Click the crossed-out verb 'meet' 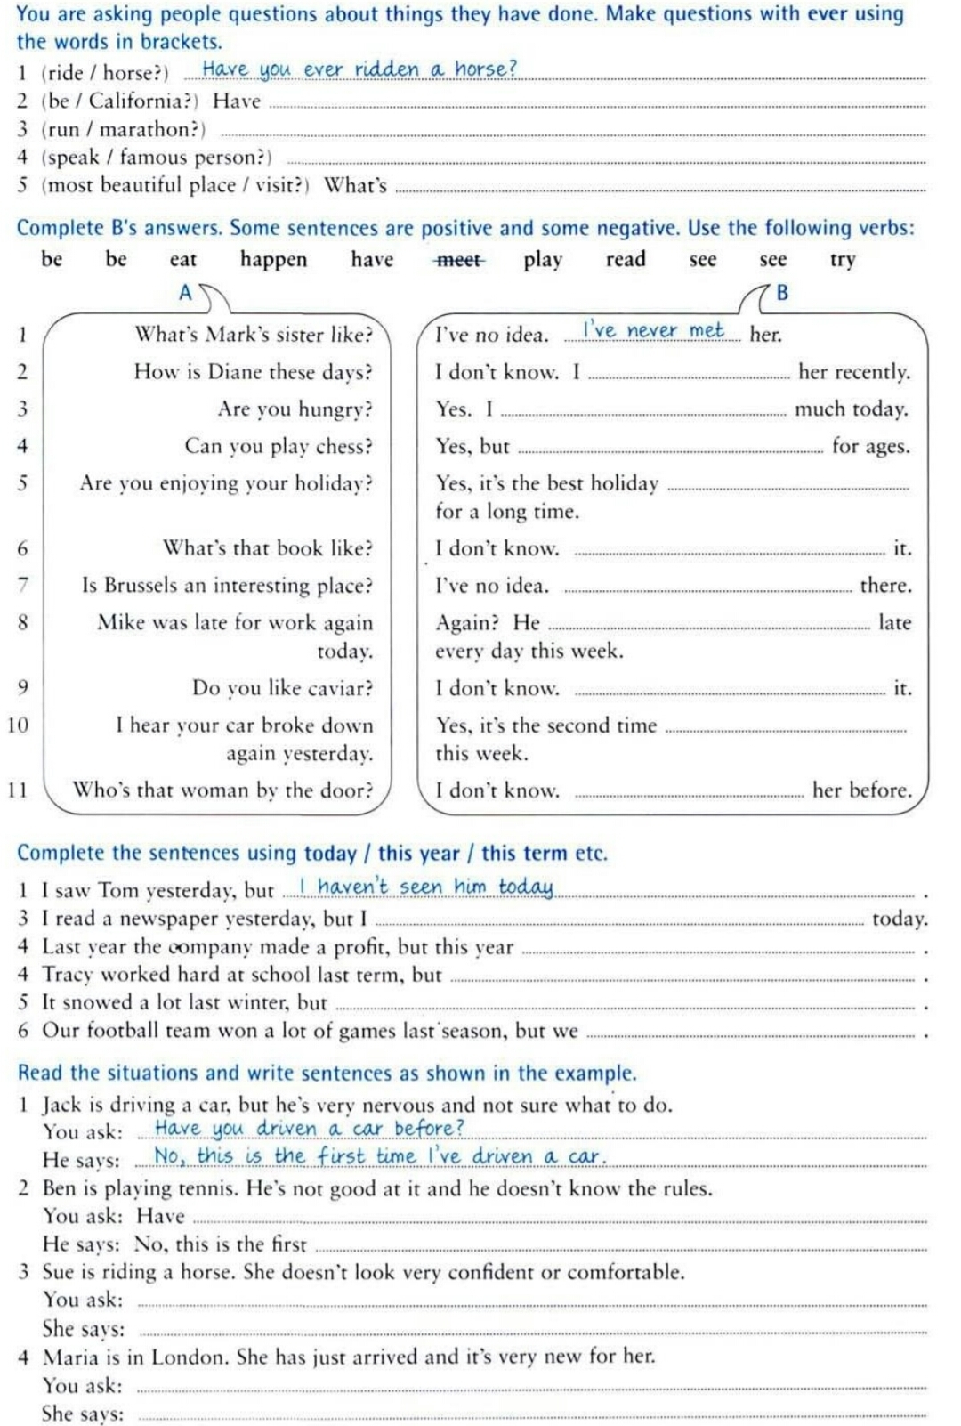(x=459, y=260)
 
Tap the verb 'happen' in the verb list (x=273, y=260)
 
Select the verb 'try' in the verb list (x=842, y=260)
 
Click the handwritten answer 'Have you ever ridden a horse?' (x=359, y=69)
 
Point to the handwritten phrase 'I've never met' (x=653, y=330)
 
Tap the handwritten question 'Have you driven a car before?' (x=309, y=1129)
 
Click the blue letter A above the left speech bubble (x=185, y=293)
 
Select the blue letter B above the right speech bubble (x=782, y=293)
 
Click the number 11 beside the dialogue (x=18, y=790)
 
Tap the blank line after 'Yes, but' (x=670, y=450)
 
